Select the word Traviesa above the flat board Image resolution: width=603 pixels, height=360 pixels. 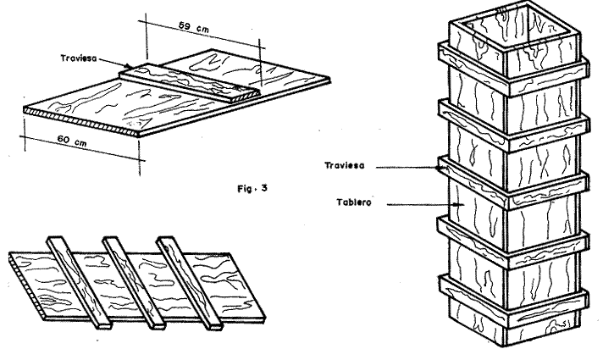tap(79, 58)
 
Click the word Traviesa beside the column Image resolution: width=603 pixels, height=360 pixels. tap(346, 168)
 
